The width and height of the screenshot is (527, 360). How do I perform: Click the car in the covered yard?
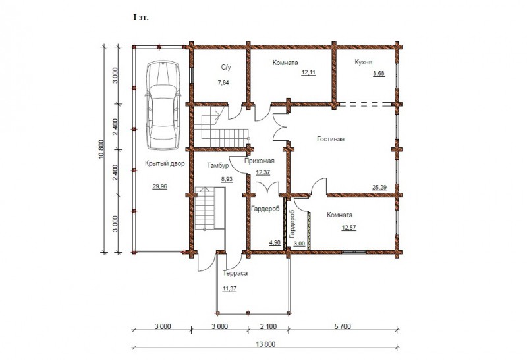tap(163, 105)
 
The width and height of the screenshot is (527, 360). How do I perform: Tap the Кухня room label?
tap(364, 63)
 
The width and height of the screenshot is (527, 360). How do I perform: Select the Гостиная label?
tap(331, 139)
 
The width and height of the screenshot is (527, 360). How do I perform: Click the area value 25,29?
tap(379, 188)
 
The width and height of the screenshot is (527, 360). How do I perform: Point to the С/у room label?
tap(226, 68)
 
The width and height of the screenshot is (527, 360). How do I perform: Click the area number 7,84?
tap(223, 83)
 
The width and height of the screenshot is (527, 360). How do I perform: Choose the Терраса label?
tap(235, 273)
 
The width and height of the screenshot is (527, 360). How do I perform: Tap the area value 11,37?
tap(229, 288)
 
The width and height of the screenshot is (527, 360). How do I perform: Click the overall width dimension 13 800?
tap(265, 344)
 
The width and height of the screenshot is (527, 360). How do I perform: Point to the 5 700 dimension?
tap(342, 326)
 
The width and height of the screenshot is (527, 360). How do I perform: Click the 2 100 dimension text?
tap(269, 326)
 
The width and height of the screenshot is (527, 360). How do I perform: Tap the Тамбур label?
tap(218, 166)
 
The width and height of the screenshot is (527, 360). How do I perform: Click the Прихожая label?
tap(259, 161)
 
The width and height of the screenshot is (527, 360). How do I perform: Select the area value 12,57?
tap(349, 228)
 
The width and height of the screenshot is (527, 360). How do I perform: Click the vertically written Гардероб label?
tap(292, 224)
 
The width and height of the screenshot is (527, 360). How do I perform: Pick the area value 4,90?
tap(275, 242)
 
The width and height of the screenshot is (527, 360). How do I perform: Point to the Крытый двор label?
tap(165, 164)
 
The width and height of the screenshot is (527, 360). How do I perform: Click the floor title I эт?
tap(141, 18)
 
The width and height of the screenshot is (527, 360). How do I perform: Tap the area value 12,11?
tap(308, 72)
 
